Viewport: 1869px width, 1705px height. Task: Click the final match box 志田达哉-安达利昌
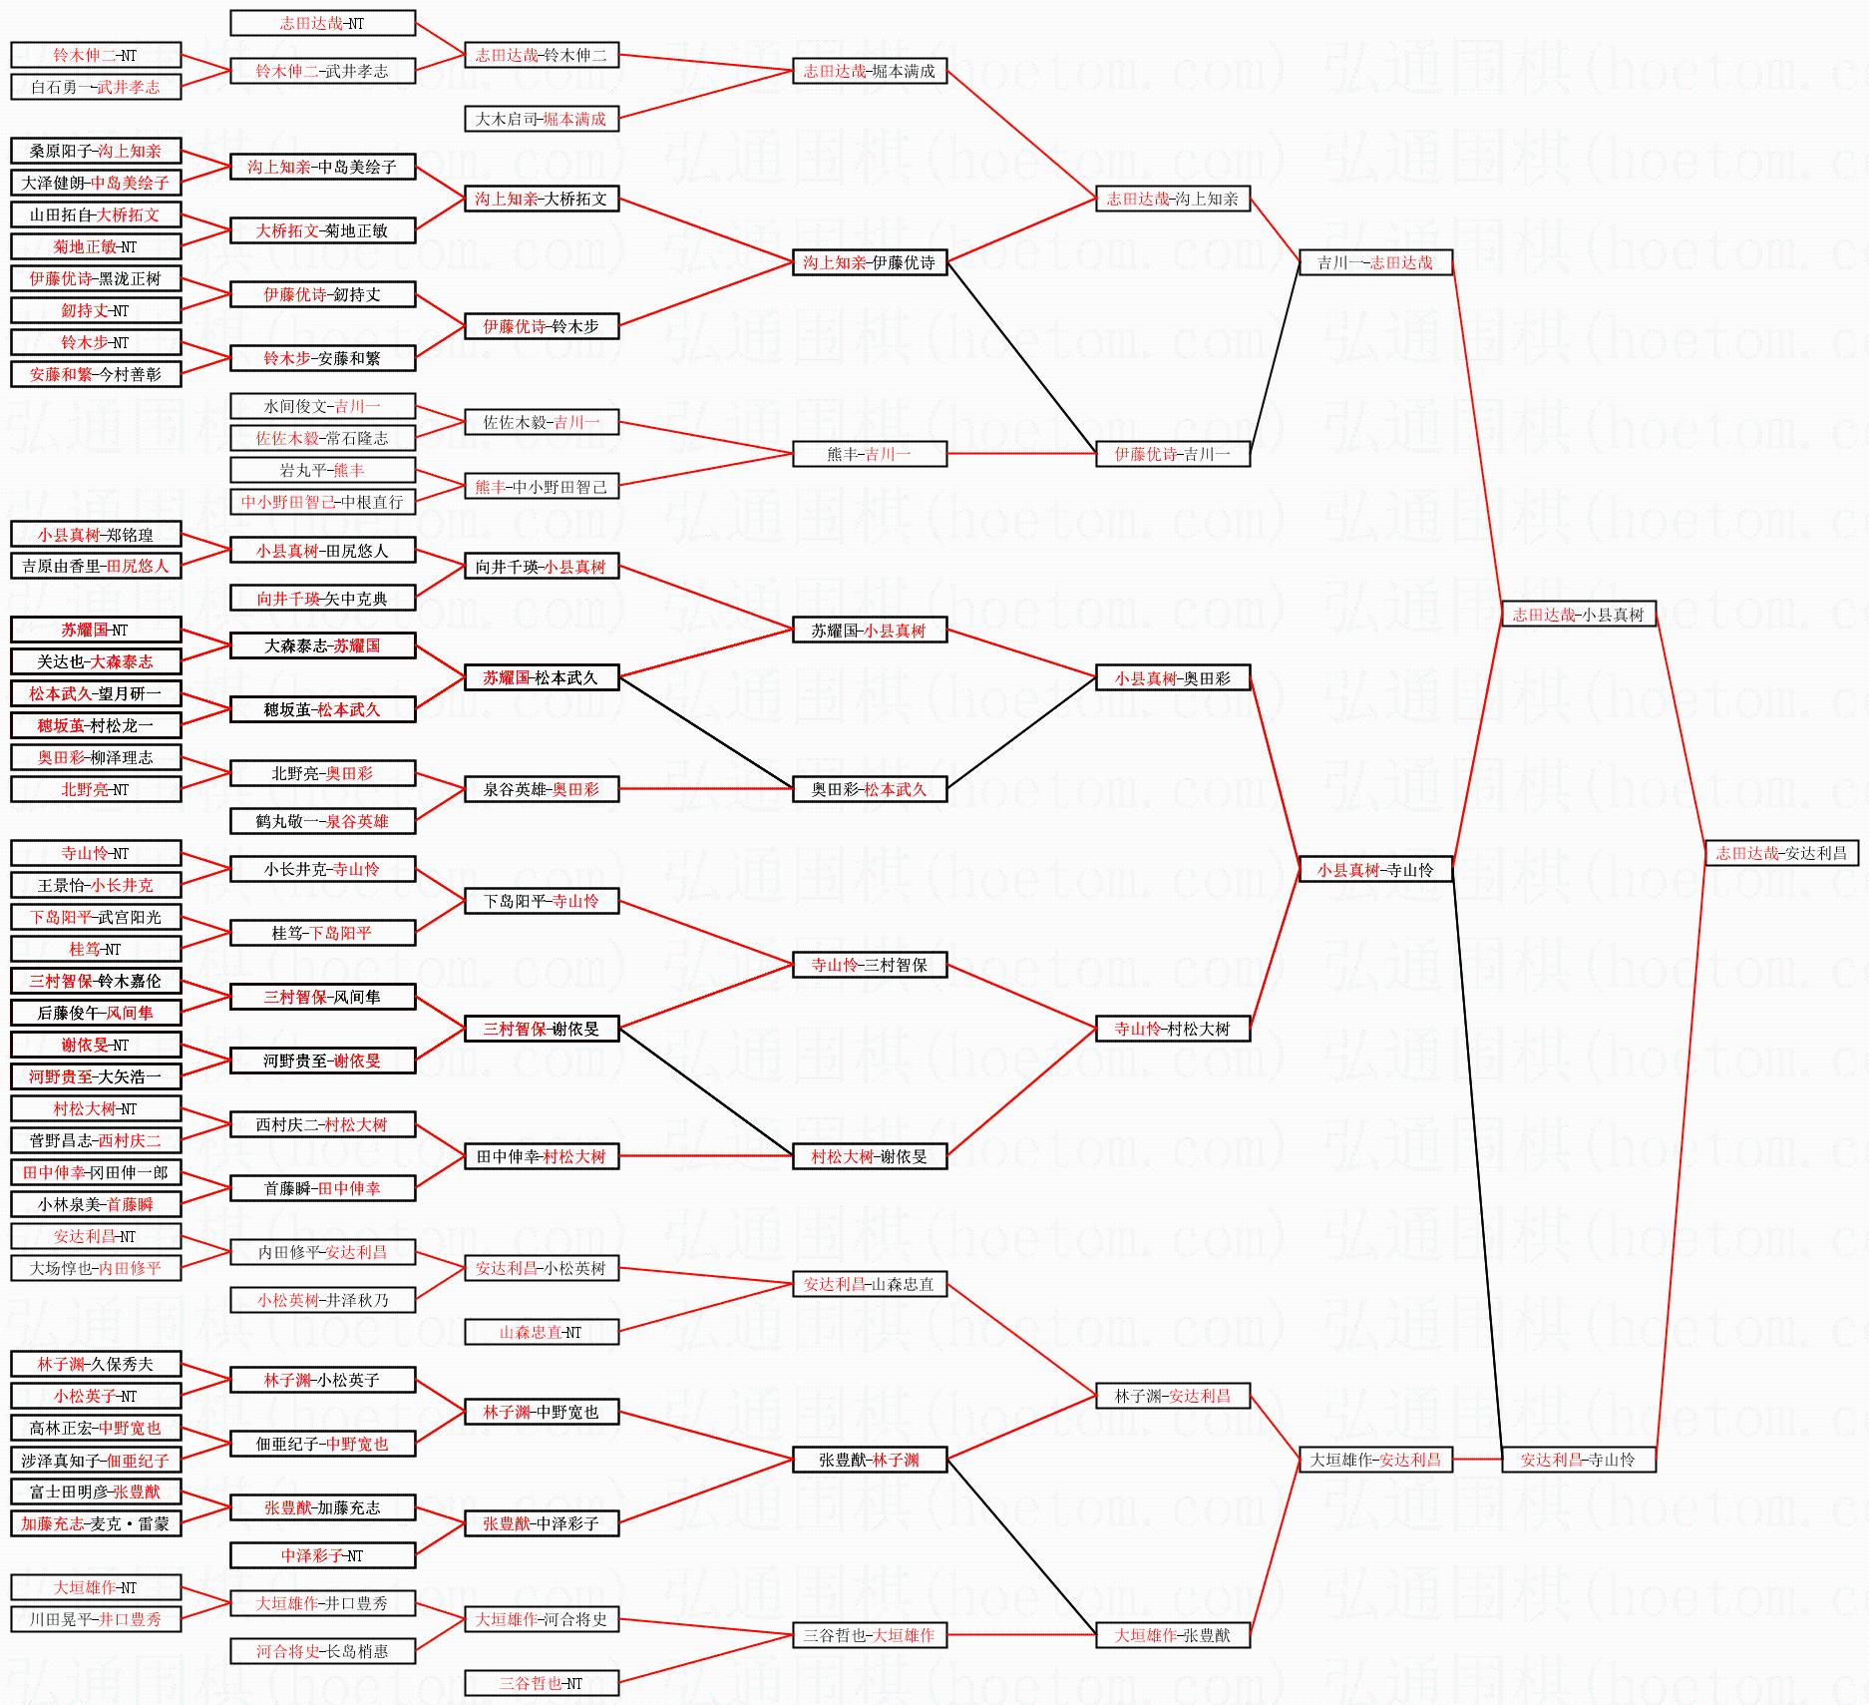coord(1781,853)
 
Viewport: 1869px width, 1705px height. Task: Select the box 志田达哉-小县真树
coord(1578,615)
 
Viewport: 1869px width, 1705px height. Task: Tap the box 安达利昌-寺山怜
coord(1578,1460)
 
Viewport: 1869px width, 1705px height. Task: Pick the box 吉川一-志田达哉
coord(1374,262)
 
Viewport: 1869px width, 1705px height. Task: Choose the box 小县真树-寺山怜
coord(1374,870)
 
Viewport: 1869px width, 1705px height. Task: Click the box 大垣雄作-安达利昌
coord(1374,1460)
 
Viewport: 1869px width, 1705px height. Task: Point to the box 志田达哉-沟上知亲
coord(1172,199)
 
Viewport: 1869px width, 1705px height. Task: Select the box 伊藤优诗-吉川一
coord(1172,454)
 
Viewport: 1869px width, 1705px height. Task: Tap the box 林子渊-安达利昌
coord(1172,1396)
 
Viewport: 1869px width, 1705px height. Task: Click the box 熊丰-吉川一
coord(869,454)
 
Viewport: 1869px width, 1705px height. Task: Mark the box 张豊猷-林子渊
coord(869,1460)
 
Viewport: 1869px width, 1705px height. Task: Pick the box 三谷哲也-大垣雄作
coord(869,1635)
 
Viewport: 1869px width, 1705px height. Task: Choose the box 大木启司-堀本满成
coord(541,119)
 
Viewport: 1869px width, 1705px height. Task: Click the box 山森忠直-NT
coord(541,1332)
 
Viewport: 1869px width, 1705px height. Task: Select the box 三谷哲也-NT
coord(541,1683)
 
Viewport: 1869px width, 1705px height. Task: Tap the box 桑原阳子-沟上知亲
coord(96,151)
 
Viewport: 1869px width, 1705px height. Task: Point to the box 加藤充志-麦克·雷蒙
coord(96,1523)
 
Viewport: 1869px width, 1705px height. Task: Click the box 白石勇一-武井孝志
coord(96,87)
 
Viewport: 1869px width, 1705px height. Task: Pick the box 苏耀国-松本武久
coord(541,677)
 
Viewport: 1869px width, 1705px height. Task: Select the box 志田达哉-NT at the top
coord(322,23)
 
